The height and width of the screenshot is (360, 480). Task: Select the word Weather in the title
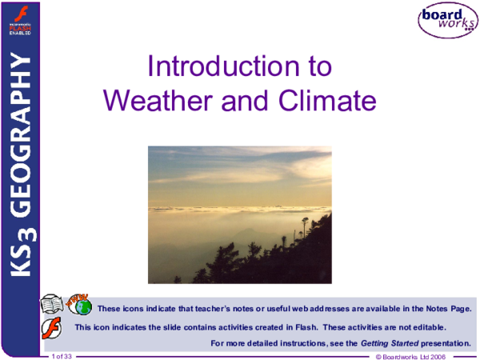156,101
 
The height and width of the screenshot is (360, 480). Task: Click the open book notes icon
53,306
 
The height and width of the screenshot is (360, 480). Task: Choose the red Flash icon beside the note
54,327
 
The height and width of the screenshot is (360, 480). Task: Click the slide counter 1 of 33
62,355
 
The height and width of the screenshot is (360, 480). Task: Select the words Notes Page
448,307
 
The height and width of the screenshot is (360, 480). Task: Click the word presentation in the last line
445,342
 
